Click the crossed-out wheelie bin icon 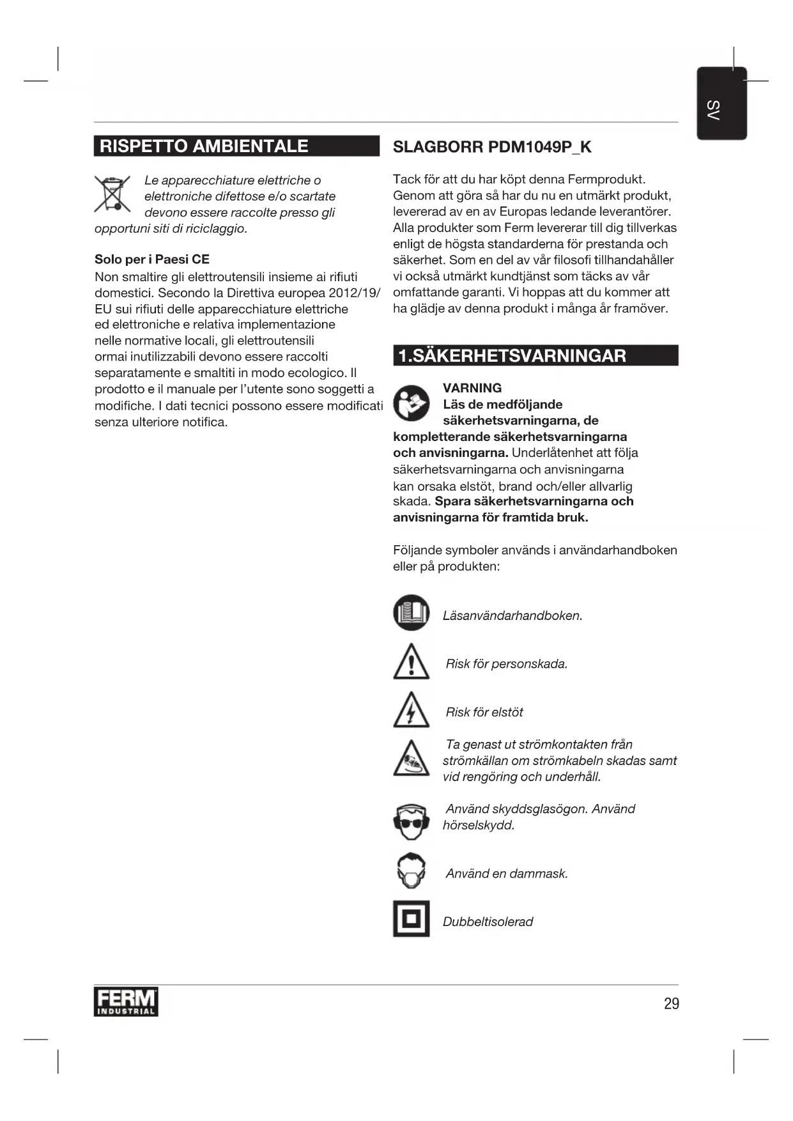112,193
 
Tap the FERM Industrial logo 126,1002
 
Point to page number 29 671,1003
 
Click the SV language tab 721,104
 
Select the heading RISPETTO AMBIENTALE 204,146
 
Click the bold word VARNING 472,388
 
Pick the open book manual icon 411,612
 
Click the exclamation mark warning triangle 411,662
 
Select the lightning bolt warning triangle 411,711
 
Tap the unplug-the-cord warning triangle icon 411,759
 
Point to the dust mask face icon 411,870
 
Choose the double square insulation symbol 411,919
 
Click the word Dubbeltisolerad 488,922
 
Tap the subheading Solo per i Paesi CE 152,259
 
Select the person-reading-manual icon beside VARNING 411,403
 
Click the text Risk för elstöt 484,712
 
